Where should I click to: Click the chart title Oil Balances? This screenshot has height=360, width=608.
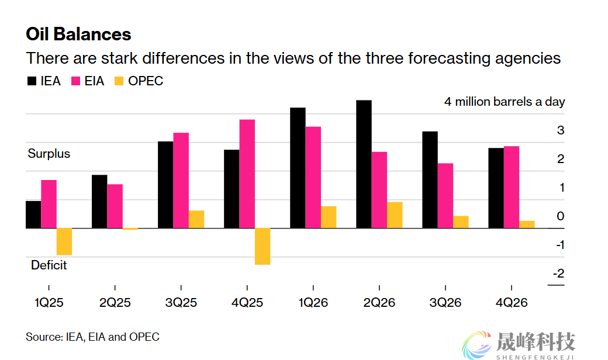pos(78,34)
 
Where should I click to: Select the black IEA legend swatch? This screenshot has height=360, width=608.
pos(32,81)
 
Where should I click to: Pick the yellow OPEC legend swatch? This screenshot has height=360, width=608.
pos(119,81)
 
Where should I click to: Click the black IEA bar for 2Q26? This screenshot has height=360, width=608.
pos(364,164)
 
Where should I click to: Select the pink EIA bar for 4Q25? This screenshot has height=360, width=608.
pos(247,174)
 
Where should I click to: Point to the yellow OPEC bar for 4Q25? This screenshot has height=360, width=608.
pos(262,246)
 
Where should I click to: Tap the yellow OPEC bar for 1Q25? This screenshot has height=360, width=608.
pos(64,241)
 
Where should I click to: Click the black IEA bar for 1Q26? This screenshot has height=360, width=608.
pos(298,168)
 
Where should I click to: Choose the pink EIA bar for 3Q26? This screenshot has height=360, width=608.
pos(445,195)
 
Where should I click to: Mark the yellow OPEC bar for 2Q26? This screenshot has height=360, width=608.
pos(395,215)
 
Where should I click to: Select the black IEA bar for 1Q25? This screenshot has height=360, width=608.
pos(33,214)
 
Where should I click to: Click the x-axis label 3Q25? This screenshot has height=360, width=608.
pos(181,303)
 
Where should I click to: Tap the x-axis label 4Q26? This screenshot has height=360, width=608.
pos(512,303)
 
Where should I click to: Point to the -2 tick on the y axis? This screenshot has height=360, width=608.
pos(558,274)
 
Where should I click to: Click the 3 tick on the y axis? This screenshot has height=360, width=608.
pos(561,130)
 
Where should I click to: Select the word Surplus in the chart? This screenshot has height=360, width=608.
pos(49,154)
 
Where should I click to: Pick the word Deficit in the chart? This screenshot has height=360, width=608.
pos(49,265)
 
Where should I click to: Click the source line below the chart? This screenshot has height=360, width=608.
pos(92,337)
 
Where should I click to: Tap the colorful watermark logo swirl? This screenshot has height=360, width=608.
pos(477,345)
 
